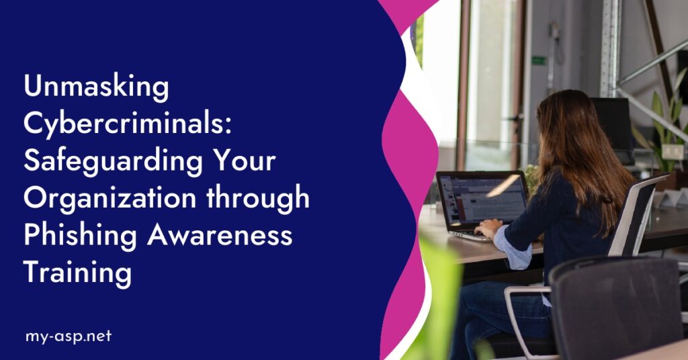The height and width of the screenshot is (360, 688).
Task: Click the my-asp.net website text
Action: point(67,336)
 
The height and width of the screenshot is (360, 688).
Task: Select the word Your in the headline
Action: point(244,162)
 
